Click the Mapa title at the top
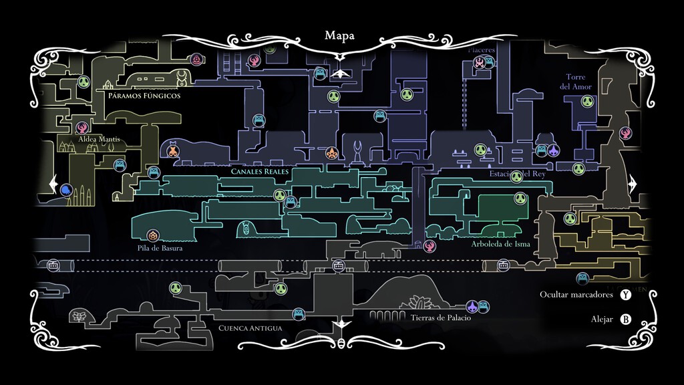point(339,35)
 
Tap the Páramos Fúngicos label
point(144,96)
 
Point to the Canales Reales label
point(260,172)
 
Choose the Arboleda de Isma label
point(500,244)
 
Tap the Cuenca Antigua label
point(250,328)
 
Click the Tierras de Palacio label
point(441,317)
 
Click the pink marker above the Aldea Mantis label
point(82,126)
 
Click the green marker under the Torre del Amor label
point(587,102)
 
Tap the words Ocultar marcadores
point(576,295)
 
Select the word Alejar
point(601,319)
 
